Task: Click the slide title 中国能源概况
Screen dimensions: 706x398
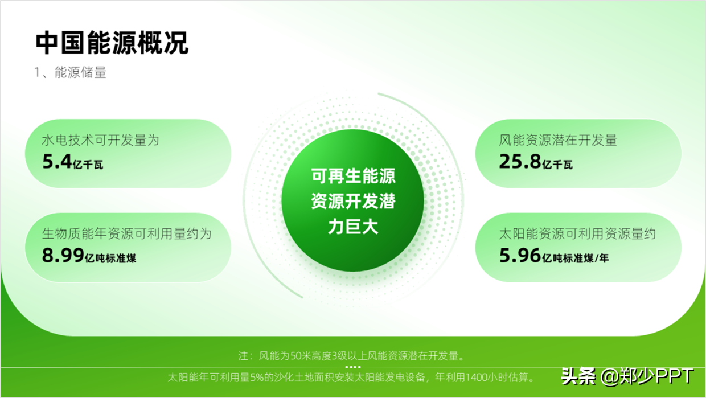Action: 112,43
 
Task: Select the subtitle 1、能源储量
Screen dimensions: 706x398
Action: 70,72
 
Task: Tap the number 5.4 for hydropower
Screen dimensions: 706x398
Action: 57,161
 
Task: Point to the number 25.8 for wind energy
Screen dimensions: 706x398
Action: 520,161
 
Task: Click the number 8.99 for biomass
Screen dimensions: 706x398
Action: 63,255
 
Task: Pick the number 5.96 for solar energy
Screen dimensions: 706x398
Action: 520,255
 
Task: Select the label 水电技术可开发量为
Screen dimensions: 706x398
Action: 101,140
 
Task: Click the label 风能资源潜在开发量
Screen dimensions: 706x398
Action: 558,140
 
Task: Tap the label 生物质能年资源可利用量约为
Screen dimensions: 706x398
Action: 127,234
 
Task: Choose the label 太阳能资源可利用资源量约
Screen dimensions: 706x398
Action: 577,234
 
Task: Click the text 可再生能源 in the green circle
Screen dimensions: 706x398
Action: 353,176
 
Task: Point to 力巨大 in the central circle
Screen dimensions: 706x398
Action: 353,227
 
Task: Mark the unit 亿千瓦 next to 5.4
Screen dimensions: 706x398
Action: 88,165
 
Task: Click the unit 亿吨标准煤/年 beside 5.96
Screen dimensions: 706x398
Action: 576,259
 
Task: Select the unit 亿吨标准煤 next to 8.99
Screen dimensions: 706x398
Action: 110,259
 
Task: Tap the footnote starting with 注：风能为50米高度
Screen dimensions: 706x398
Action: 351,356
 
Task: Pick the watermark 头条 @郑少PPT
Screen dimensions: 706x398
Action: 627,376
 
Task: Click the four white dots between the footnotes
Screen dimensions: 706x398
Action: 353,367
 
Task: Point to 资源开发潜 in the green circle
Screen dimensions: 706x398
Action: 353,201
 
